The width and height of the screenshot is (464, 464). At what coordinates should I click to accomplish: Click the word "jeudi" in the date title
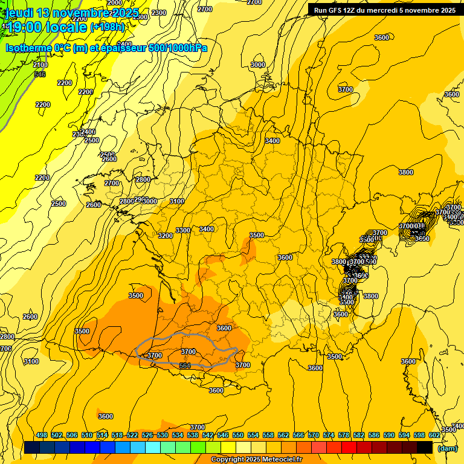coord(19,13)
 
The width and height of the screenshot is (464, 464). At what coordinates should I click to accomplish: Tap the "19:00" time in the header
coord(24,27)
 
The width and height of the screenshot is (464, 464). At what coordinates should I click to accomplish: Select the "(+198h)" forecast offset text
coord(107,27)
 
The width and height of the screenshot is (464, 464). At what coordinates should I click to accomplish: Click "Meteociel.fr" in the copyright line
coord(282,460)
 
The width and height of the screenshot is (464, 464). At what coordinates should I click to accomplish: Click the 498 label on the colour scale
coord(41,436)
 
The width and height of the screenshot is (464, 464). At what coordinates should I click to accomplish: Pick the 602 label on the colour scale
coord(434,436)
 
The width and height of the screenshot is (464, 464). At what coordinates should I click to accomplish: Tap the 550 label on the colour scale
coord(237,436)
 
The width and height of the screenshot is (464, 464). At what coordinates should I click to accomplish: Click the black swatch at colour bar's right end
coord(425,447)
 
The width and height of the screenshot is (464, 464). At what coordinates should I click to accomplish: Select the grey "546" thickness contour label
coord(40,74)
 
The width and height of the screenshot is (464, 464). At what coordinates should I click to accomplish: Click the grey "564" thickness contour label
coord(185,366)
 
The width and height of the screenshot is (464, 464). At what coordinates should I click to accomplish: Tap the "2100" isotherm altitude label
coord(40,65)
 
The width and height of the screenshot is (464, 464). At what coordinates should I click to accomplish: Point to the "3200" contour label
coord(165,236)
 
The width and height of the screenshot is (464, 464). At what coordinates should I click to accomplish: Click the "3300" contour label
coord(183,230)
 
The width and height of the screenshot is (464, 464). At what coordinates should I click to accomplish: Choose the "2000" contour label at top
coord(115,2)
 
